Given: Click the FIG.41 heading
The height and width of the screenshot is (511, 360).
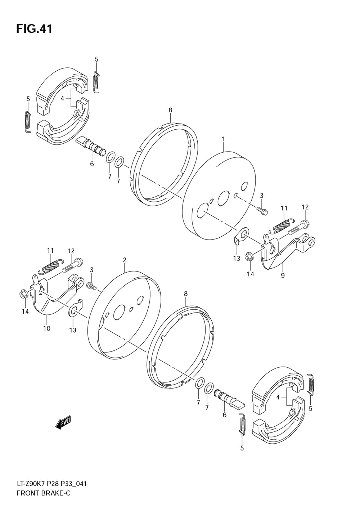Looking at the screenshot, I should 34,29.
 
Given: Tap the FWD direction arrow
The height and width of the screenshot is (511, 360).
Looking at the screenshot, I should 63,422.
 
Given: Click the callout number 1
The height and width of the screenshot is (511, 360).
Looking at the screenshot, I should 223,139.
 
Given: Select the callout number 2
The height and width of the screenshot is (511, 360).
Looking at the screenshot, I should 124,260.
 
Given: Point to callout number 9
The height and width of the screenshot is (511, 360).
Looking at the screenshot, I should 283,275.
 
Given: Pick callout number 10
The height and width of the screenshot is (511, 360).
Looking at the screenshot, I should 47,328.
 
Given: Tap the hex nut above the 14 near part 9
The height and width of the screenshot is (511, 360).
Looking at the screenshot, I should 248,257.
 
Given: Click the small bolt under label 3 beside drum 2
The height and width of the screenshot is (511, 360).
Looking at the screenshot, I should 91,286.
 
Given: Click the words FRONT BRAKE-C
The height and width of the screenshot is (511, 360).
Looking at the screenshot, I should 44,493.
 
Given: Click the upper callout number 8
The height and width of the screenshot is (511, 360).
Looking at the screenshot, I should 170,110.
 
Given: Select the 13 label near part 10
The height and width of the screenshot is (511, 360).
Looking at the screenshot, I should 73,330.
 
